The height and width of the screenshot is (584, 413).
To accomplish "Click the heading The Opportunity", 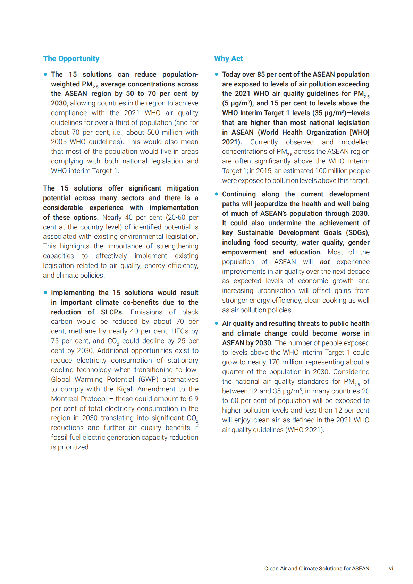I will (71, 59).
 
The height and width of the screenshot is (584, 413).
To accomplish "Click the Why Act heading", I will (228, 59).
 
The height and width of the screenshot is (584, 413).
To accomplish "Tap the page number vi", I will (391, 568).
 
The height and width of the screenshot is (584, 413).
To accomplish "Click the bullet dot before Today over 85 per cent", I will (217, 74).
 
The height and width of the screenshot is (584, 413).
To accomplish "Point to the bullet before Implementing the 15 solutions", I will (45, 293).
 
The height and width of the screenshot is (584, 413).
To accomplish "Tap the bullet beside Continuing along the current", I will (217, 194).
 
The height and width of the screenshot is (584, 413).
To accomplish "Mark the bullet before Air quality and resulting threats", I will (217, 323).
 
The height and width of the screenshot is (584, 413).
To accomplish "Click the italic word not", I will (325, 262).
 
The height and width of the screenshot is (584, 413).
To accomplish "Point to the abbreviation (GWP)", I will (148, 379).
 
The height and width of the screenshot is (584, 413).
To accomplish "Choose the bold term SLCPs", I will (112, 312).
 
